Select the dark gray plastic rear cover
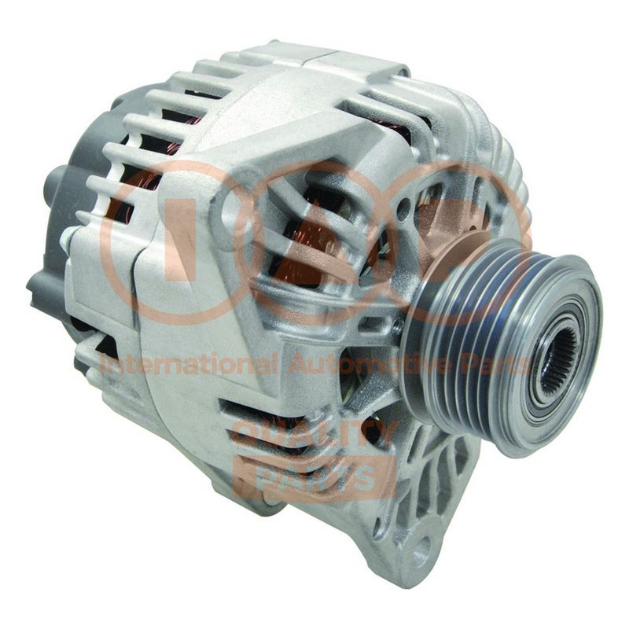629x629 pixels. [76, 225]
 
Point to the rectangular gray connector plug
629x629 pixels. [43, 289]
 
